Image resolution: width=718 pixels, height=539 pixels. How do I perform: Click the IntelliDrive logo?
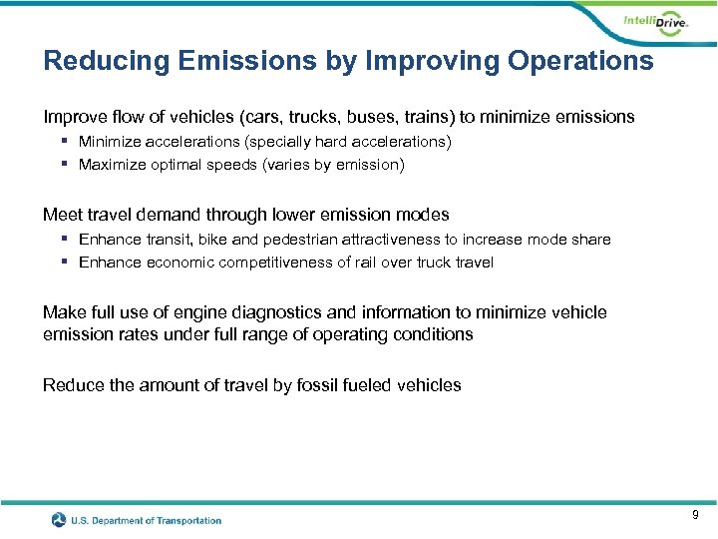pos(655,23)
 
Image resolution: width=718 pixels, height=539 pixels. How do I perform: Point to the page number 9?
pos(695,515)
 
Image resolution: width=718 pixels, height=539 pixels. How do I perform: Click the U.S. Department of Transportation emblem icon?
pos(61,520)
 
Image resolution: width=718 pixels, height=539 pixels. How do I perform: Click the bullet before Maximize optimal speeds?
pos(64,164)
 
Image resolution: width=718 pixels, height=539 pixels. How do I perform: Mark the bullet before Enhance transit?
pos(64,240)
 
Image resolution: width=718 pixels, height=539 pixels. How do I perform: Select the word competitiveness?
pos(257,263)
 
